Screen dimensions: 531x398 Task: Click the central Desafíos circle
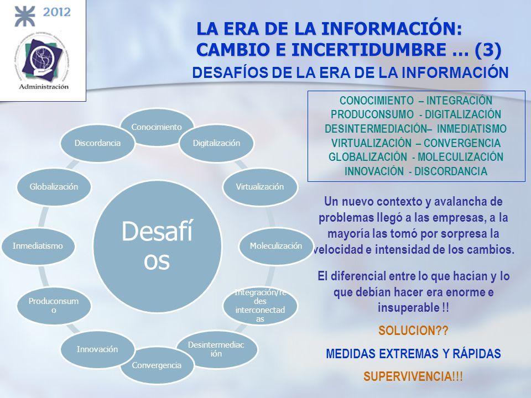[x=157, y=246]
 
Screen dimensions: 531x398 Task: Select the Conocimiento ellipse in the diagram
[x=157, y=127]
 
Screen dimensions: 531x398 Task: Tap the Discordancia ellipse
[x=97, y=143]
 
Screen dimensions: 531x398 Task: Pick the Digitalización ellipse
[x=216, y=143]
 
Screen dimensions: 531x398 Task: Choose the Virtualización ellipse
[x=260, y=186]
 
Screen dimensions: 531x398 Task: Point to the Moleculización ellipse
[x=276, y=245]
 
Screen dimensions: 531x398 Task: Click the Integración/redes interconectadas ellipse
[x=260, y=305]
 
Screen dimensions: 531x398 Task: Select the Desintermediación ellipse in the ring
[x=216, y=349]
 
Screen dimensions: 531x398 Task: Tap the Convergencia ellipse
[x=157, y=365]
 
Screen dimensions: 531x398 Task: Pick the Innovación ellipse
[x=97, y=349]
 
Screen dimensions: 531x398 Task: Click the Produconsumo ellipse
[x=54, y=305]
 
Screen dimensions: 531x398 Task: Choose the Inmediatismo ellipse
[x=38, y=245]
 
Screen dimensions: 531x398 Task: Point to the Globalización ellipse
[x=54, y=186]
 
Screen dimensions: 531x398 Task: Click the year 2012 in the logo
[x=56, y=12]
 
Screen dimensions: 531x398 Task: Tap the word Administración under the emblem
[x=43, y=87]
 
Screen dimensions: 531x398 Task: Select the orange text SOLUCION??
[x=413, y=331]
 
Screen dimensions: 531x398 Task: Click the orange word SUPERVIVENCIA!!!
[x=413, y=376]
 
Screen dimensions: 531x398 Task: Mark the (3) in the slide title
[x=488, y=49]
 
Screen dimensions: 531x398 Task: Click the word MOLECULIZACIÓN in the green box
[x=460, y=157]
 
